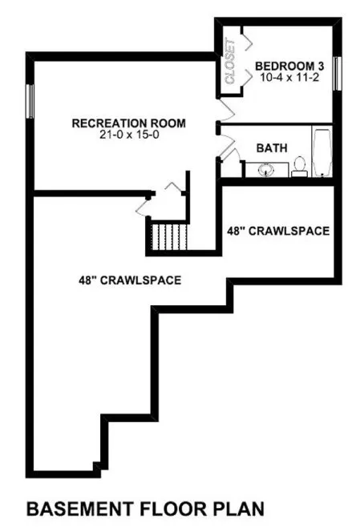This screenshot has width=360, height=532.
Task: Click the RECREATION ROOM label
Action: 128,123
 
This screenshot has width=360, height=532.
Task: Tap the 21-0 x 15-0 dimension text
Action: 128,135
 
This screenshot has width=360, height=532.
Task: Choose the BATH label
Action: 269,149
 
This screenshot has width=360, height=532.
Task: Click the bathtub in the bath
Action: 322,154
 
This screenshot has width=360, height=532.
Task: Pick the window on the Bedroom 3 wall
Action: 336,73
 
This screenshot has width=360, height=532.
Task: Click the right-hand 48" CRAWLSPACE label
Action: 278,231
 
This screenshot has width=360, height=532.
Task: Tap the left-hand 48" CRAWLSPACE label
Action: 128,280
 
